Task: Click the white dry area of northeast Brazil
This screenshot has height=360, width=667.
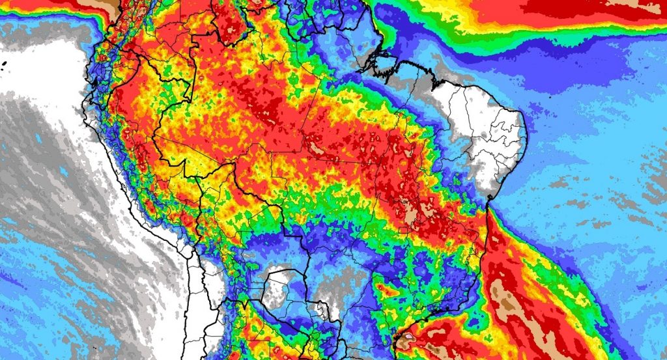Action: (482, 130)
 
